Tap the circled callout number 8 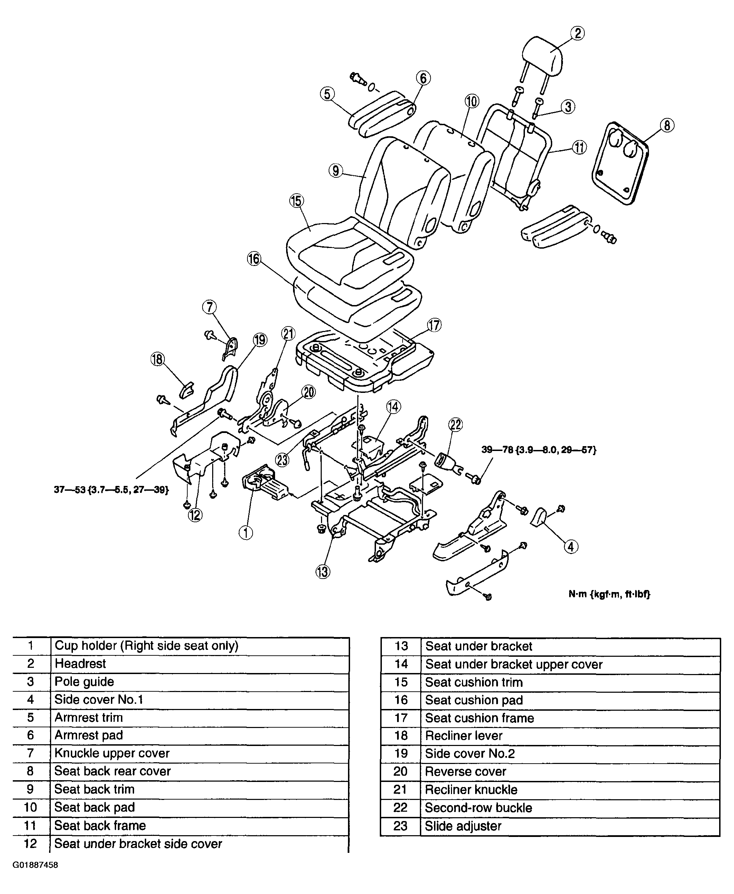[x=667, y=125]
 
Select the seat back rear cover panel [x=620, y=163]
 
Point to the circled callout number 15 [x=297, y=201]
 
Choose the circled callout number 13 [x=323, y=572]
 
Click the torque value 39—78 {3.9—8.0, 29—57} [x=539, y=450]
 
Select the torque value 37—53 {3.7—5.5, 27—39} [x=111, y=490]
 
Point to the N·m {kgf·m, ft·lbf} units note [x=609, y=594]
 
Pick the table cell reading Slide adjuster [x=463, y=826]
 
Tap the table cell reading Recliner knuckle [x=471, y=790]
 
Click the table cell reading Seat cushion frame [x=479, y=718]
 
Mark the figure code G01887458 [x=35, y=865]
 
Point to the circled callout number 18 [x=157, y=359]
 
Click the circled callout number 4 [x=571, y=547]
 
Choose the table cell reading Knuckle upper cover [x=112, y=753]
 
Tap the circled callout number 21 [x=288, y=334]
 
